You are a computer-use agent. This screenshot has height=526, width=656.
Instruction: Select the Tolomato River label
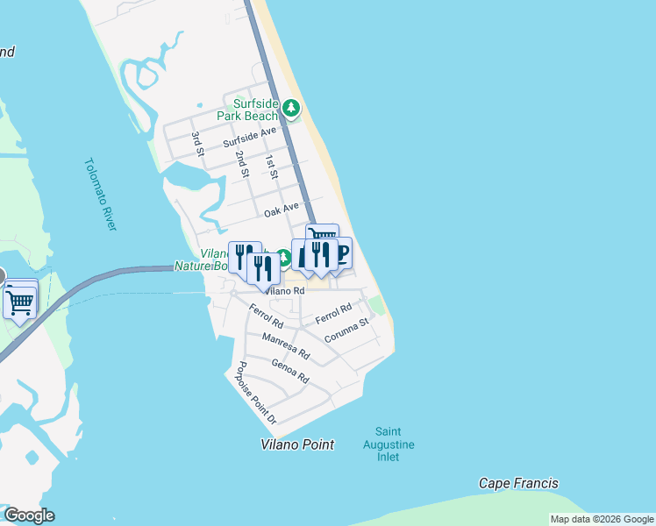click(101, 194)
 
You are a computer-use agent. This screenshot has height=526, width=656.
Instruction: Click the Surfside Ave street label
click(249, 136)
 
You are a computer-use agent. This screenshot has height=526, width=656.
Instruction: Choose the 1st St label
click(271, 168)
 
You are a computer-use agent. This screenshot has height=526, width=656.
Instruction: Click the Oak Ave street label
click(282, 210)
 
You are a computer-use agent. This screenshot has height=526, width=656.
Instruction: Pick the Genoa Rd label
click(290, 372)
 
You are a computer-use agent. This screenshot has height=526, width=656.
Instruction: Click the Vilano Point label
click(297, 444)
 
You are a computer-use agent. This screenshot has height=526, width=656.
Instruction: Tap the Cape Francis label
click(518, 483)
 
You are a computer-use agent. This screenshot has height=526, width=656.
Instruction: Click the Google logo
click(29, 515)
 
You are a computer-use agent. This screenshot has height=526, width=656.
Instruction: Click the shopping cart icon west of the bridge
click(18, 302)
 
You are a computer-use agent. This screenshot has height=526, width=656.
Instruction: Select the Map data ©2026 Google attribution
click(602, 519)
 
